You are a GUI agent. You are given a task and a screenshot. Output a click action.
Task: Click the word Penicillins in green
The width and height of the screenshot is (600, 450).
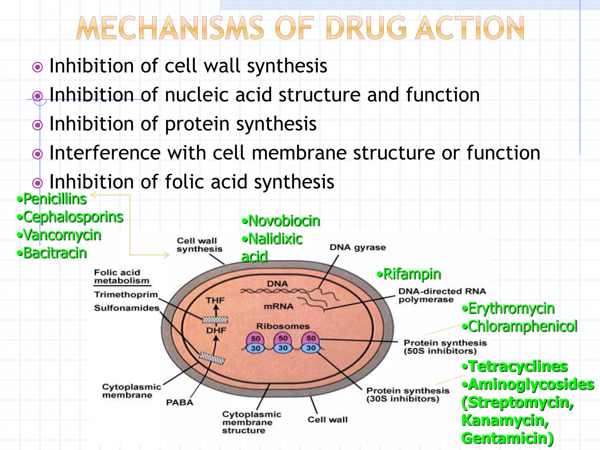point(55,199)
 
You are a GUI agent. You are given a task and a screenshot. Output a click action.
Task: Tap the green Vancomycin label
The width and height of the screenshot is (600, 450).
point(62,235)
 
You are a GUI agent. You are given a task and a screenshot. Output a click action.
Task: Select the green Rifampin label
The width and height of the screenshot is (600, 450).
point(412,274)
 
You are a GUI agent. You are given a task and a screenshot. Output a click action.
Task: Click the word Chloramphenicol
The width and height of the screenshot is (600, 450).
point(522,326)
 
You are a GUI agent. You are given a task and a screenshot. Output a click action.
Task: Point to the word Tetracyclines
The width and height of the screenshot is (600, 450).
point(518,367)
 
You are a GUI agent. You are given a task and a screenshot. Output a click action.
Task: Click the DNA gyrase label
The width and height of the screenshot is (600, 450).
point(357,248)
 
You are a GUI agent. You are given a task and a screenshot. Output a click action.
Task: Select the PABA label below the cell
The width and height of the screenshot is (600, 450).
point(180,403)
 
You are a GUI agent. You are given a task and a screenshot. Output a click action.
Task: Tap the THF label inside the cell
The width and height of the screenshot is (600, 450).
point(215,301)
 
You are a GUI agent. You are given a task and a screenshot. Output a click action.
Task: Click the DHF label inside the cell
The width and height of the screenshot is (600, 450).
point(216,330)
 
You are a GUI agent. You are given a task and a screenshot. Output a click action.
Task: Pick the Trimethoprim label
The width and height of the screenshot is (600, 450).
point(126,294)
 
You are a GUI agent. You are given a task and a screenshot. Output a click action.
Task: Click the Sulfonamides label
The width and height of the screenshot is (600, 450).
point(127,308)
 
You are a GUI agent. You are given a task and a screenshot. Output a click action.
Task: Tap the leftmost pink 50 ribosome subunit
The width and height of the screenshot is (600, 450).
point(255,339)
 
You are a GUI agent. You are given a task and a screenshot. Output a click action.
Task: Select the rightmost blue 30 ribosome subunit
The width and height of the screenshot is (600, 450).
point(311,348)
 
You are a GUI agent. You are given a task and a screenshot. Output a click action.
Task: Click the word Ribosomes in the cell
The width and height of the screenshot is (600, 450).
point(283,326)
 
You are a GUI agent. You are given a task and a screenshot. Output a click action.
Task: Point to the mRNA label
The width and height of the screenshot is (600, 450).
point(278,307)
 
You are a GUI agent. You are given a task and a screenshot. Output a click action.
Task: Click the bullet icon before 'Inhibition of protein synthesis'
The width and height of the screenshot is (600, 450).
point(37,125)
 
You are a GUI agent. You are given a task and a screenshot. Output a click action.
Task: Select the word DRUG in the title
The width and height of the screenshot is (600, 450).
point(366,28)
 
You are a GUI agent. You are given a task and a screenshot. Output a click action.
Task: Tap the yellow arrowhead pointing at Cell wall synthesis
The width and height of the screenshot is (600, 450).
point(167,255)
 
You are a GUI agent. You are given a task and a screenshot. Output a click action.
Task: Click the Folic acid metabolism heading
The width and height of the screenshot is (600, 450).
point(121,277)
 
